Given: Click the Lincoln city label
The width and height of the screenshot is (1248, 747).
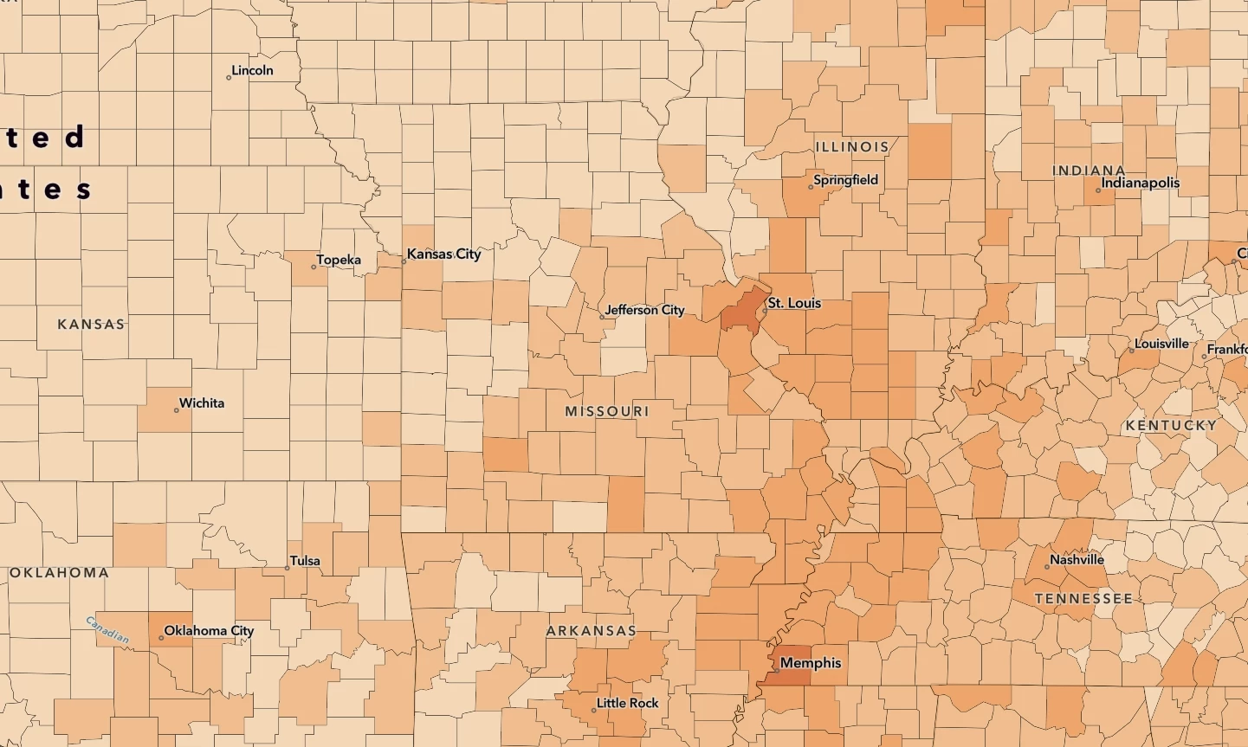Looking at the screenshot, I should (x=253, y=71).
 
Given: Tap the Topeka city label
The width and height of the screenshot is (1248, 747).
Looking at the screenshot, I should (x=339, y=260).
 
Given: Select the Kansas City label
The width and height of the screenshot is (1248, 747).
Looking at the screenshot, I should (x=443, y=254).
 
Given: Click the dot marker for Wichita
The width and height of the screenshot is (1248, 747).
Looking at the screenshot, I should (x=177, y=409).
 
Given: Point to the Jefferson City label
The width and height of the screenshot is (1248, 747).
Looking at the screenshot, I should (x=644, y=310).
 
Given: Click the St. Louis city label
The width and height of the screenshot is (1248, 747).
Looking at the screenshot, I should (x=794, y=303).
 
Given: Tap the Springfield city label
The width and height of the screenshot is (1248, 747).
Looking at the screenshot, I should (x=846, y=180).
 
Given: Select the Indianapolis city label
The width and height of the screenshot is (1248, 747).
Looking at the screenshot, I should (x=1141, y=183).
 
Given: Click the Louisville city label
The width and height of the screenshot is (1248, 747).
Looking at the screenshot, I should (x=1161, y=344).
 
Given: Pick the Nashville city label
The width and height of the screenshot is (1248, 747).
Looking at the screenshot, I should (x=1077, y=560).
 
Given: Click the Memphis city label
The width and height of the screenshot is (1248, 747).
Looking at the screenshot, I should (x=811, y=663).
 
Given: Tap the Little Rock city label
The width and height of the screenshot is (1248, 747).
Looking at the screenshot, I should (x=627, y=703).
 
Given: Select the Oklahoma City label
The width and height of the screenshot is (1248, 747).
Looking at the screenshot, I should (x=209, y=630).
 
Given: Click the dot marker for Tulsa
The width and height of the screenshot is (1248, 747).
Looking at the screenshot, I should (x=288, y=568).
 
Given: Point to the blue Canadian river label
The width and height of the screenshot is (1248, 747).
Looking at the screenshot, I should (x=108, y=630).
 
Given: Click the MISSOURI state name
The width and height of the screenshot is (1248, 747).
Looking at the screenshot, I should (x=607, y=411).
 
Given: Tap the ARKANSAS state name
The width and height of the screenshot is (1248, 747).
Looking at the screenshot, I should (x=592, y=631).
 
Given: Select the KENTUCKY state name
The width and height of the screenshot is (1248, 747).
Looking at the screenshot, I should (x=1171, y=425).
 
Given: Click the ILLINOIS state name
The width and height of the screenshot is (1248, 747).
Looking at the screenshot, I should (x=852, y=147).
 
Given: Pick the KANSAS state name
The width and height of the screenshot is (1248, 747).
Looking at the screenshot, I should (x=91, y=324).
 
